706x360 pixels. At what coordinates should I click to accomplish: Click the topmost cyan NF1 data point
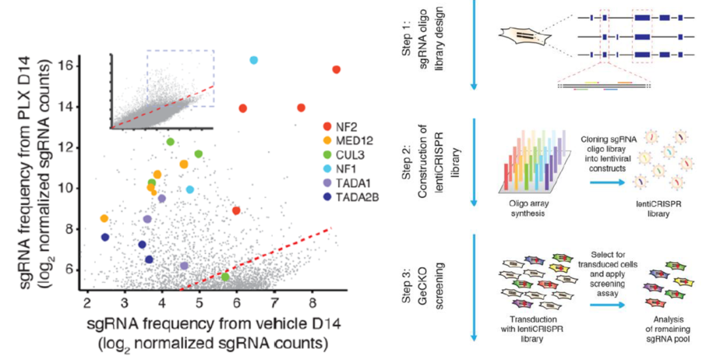(x=254, y=60)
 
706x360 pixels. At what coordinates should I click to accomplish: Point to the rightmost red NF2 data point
(x=336, y=69)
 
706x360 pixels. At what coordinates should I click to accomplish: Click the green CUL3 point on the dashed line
(x=225, y=277)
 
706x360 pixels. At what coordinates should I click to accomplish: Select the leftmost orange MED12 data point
(x=104, y=218)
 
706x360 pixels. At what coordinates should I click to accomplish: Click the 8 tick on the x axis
(x=312, y=303)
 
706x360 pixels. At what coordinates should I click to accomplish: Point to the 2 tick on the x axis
(x=88, y=303)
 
